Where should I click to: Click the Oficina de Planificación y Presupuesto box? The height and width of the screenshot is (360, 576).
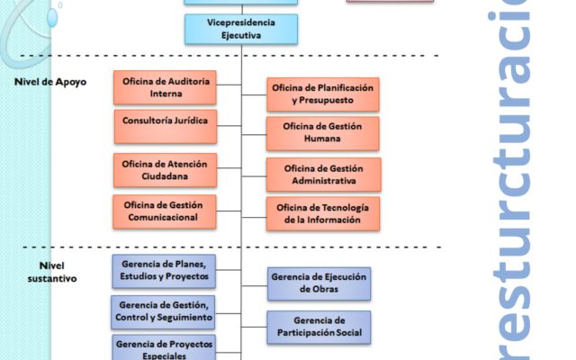point(322,94)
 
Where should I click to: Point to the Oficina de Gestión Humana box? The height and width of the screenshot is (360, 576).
point(323,132)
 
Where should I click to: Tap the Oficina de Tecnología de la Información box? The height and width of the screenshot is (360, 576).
point(322,214)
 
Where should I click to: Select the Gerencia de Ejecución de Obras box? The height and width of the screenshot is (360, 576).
point(319,283)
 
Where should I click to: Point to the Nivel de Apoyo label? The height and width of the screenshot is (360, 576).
point(50,82)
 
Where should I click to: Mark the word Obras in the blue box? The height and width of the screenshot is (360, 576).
point(319,290)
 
